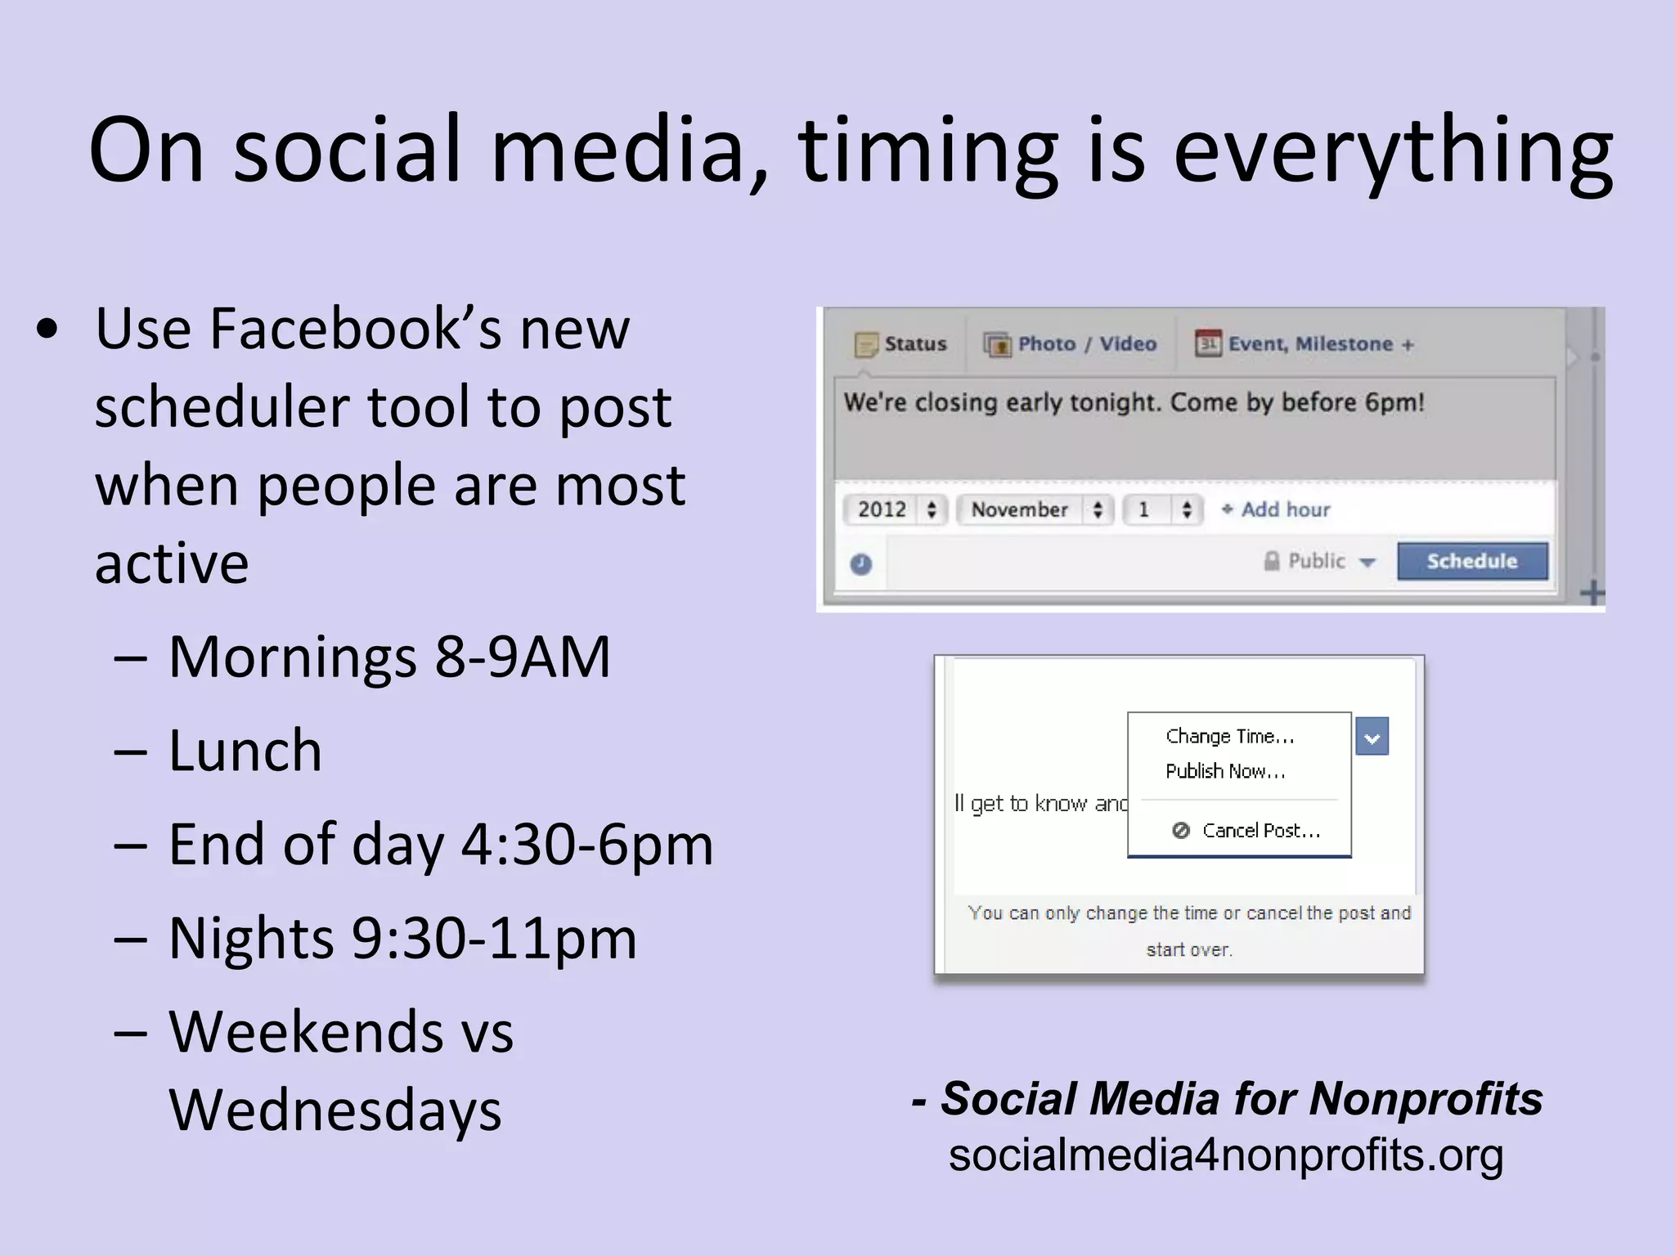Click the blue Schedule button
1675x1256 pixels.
(1471, 561)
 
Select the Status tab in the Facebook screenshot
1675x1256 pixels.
(900, 344)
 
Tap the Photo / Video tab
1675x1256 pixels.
(1071, 344)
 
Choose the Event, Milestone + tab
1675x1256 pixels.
(1305, 344)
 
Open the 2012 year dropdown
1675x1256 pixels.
(895, 509)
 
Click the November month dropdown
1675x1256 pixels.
(1035, 509)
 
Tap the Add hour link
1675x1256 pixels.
(1277, 509)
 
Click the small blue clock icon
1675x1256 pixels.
(860, 563)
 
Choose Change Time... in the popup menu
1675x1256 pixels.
(1229, 736)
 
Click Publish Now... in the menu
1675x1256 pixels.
(1225, 771)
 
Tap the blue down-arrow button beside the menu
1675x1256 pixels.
(1372, 736)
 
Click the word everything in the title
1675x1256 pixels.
(1393, 151)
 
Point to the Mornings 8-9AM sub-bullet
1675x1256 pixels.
(389, 657)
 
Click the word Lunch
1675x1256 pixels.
(245, 751)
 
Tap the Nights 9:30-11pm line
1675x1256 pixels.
(402, 938)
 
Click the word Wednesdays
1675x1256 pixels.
(335, 1110)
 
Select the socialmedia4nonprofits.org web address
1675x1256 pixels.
(1225, 1155)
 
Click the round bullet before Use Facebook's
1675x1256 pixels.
(47, 329)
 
